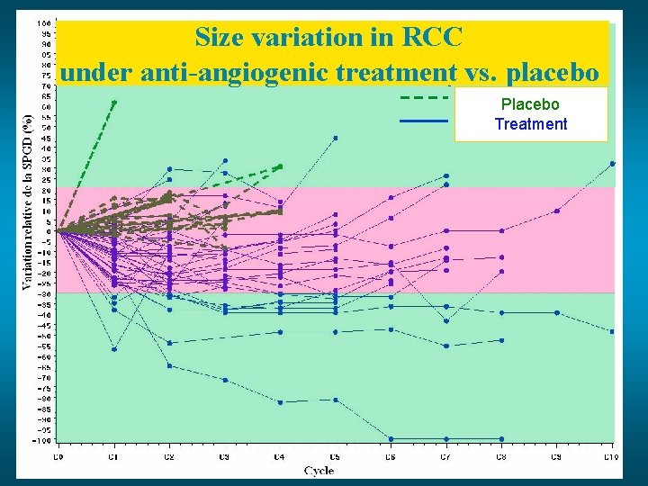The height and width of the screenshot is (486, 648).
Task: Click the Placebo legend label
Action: pyautogui.click(x=530, y=104)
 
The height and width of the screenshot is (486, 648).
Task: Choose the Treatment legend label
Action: pyautogui.click(x=530, y=124)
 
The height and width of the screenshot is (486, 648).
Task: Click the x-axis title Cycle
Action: pyautogui.click(x=319, y=470)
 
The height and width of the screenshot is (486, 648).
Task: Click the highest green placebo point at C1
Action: pyautogui.click(x=114, y=102)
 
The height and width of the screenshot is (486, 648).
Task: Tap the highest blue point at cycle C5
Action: pyautogui.click(x=336, y=138)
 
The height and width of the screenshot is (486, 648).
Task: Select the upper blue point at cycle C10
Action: pyautogui.click(x=612, y=163)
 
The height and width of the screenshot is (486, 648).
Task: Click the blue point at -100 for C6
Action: pyautogui.click(x=391, y=439)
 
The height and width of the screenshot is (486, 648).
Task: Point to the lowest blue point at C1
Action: pyautogui.click(x=113, y=349)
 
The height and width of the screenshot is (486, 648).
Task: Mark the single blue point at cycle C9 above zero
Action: pyautogui.click(x=557, y=211)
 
